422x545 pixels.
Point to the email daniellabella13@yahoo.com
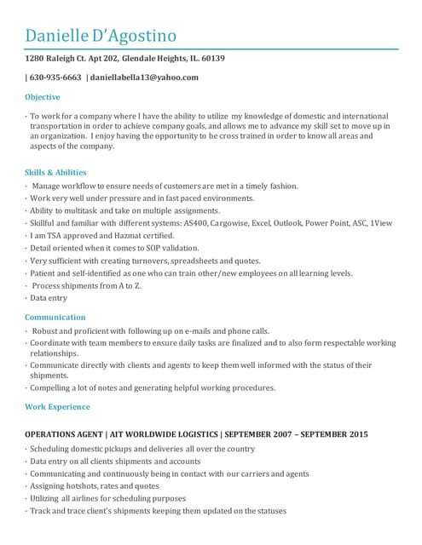(145, 77)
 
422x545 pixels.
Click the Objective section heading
(43, 97)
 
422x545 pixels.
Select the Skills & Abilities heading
(56, 172)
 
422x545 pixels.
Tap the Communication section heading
(55, 317)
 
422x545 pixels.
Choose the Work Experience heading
(58, 407)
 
